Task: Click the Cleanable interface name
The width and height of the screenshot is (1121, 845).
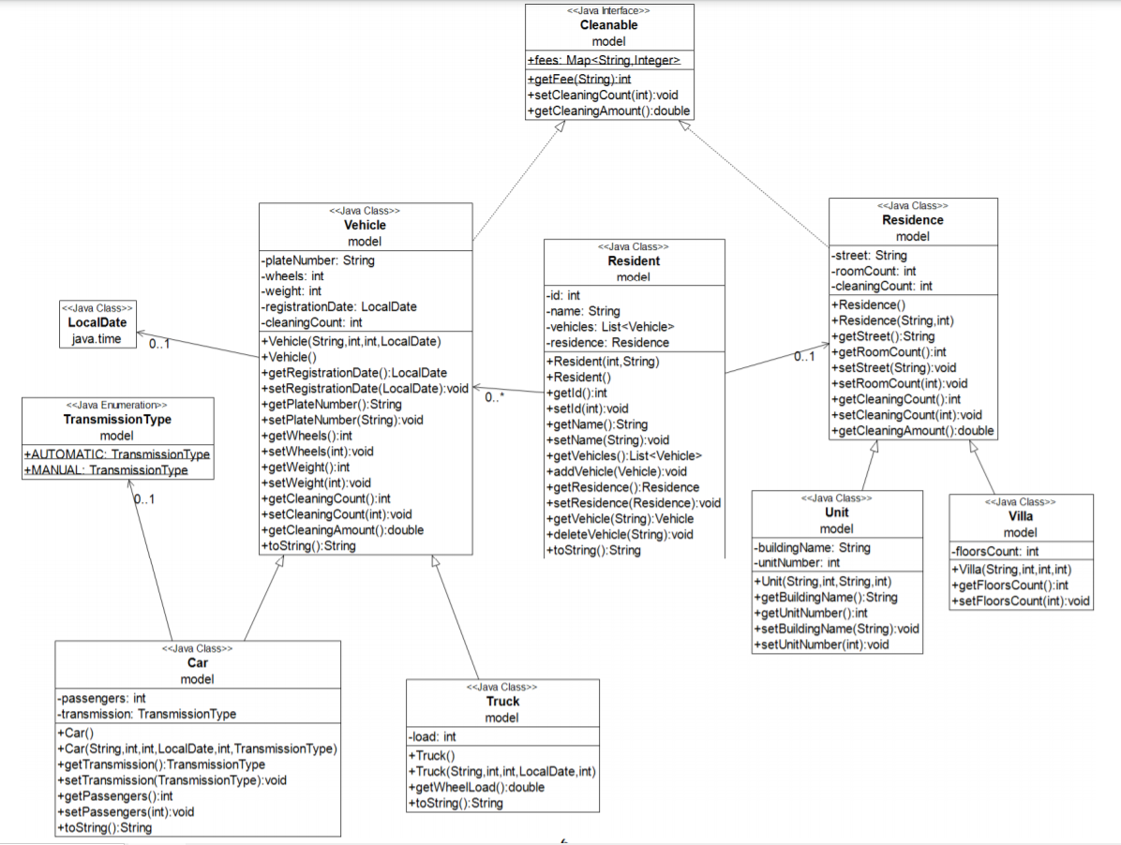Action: pos(608,25)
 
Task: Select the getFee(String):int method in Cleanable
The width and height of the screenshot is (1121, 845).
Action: pos(578,80)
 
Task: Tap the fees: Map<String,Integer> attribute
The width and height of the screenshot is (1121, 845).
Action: pos(604,61)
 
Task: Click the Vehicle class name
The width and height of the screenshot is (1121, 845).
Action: pos(365,226)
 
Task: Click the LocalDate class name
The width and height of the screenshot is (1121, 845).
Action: pos(97,323)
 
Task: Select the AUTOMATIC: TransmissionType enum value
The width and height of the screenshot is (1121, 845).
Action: pos(117,454)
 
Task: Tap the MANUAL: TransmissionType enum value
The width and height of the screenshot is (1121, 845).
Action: pos(106,470)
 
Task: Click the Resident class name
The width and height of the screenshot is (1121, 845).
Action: pos(634,261)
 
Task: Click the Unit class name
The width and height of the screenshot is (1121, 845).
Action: pos(836,512)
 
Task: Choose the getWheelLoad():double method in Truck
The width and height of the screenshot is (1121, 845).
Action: pos(476,787)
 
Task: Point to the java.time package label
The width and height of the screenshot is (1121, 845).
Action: pos(97,338)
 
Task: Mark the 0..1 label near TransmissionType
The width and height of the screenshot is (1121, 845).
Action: pos(144,499)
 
